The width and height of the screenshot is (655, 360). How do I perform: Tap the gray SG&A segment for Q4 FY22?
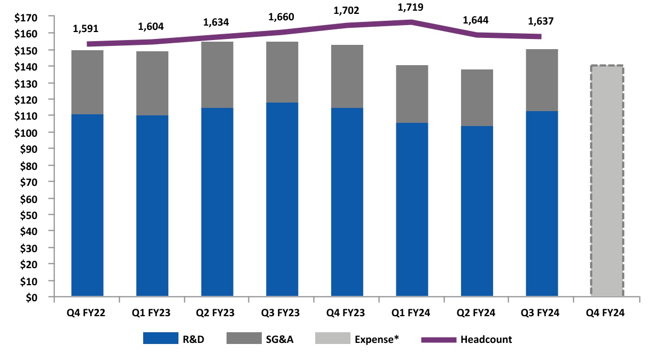coord(87,82)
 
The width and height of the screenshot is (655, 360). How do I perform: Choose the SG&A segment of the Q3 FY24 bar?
coord(542,80)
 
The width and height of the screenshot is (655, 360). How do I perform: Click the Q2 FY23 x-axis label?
coord(217,313)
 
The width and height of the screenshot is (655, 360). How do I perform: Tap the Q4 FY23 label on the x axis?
coord(347,313)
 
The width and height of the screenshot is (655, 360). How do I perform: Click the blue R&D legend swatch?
coord(160,339)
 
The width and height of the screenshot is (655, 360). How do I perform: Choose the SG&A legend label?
coord(282,339)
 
